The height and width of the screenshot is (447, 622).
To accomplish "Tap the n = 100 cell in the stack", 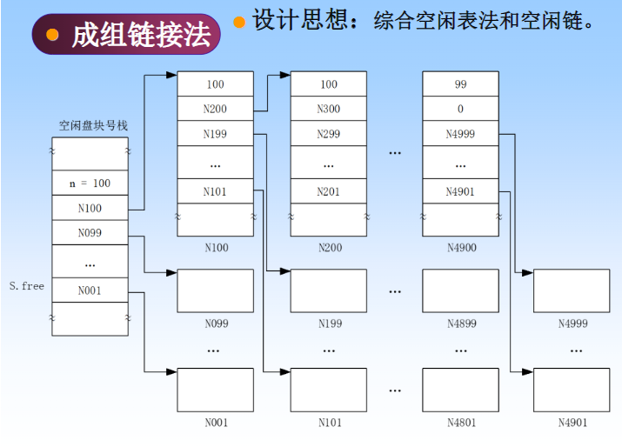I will [90, 184].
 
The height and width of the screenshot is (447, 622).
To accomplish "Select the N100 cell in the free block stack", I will [90, 209].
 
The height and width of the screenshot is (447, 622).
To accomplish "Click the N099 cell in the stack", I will [90, 233].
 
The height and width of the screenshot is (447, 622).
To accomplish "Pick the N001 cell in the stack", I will [90, 290].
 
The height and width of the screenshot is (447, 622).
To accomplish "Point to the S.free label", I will [26, 285].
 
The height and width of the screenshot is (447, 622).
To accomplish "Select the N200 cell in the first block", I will [215, 110].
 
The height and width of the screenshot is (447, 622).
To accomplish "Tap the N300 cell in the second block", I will [328, 110].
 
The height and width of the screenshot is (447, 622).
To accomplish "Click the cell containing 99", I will [460, 84].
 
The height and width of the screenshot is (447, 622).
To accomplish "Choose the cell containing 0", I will [460, 110].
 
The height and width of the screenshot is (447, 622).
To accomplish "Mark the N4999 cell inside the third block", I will [460, 134].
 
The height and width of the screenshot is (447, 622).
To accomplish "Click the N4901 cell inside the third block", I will [460, 191].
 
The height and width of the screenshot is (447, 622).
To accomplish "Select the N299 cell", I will [328, 134].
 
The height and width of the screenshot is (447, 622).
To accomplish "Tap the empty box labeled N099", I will [215, 290].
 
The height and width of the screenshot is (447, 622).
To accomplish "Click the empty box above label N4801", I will [460, 390].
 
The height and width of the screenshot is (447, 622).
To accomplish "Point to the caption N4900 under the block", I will [461, 248].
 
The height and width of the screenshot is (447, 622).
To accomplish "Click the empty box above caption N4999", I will [572, 290].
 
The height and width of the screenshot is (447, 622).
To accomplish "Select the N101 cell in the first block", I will [215, 191].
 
